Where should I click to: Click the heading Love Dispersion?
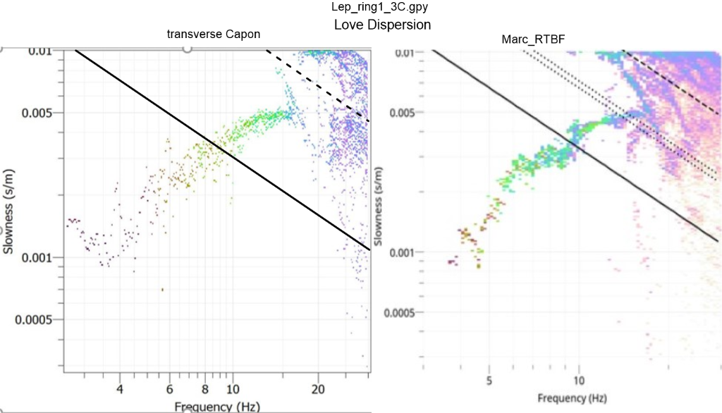pyautogui.click(x=381, y=25)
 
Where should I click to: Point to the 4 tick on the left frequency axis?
pyautogui.click(x=119, y=389)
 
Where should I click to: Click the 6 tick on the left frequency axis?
pyautogui.click(x=170, y=389)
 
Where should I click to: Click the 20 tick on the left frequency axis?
pyautogui.click(x=318, y=389)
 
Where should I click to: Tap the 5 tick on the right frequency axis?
pyautogui.click(x=489, y=381)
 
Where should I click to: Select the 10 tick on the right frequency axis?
pyautogui.click(x=579, y=381)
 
